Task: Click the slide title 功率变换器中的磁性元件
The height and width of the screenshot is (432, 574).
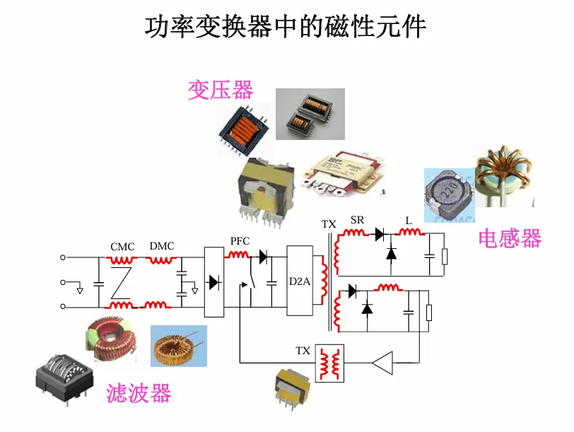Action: [x=286, y=28]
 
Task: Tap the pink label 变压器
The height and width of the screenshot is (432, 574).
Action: [x=220, y=90]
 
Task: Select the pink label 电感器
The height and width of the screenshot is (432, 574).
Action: [x=509, y=238]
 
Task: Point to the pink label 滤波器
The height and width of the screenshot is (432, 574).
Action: [x=139, y=393]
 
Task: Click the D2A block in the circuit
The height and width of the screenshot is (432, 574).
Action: [x=300, y=281]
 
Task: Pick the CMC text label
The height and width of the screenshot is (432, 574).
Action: [x=122, y=247]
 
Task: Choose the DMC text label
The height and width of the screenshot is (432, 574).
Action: [x=161, y=247]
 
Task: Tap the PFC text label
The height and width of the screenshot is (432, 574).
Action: [x=240, y=241]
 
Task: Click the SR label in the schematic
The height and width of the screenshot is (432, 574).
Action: [x=357, y=221]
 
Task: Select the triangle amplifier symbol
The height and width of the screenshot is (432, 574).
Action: [x=382, y=363]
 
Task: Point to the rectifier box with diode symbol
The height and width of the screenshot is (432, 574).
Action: [x=213, y=281]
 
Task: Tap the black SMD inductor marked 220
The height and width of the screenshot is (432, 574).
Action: [x=447, y=191]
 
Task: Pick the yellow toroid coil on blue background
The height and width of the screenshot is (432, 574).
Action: [x=179, y=346]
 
